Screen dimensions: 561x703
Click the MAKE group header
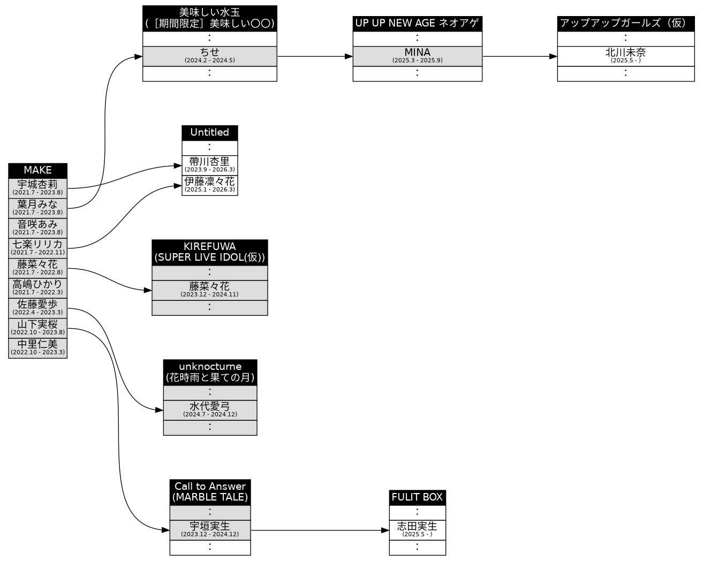point(37,170)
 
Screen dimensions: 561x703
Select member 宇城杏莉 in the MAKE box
point(37,188)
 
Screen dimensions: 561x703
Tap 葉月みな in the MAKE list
point(37,208)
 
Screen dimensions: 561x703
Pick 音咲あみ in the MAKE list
point(37,228)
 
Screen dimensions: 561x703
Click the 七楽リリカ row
point(37,248)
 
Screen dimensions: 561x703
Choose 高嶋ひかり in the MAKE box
point(37,287)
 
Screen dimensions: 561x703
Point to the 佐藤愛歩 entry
point(37,308)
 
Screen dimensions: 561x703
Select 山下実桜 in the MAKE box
point(37,328)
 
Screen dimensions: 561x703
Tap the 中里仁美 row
point(37,347)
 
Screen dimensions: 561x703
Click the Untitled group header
point(209,133)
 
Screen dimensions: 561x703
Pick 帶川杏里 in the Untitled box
point(209,165)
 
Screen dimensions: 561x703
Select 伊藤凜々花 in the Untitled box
point(209,185)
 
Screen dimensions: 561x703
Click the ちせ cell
point(209,56)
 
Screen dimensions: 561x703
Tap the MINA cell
point(417,56)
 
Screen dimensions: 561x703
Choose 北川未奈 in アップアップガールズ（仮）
point(625,56)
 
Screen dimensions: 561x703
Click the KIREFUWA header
point(209,252)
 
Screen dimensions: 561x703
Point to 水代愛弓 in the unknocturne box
point(210,410)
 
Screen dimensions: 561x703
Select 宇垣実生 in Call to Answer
point(210,530)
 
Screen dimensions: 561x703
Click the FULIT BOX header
point(417,497)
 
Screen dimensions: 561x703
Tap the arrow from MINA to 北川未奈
point(519,56)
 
